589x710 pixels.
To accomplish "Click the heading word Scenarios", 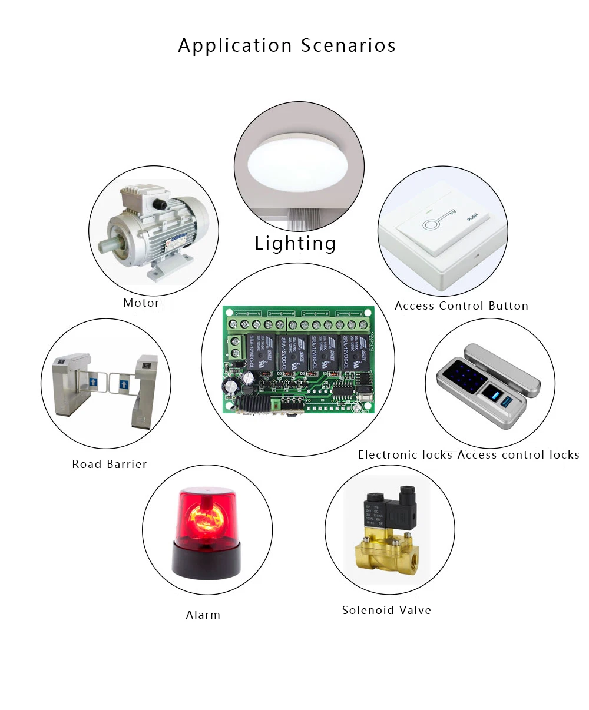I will click(348, 45).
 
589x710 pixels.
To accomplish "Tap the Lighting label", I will click(295, 243).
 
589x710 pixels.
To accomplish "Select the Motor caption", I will click(141, 303).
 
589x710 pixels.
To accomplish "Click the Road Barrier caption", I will click(110, 464).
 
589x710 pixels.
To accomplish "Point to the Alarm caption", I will click(203, 615).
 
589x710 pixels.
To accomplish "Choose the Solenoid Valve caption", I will click(386, 610).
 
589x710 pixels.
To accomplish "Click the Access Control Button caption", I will click(461, 306).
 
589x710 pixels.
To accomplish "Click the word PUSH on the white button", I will click(472, 218).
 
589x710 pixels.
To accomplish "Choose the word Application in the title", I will click(235, 45).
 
